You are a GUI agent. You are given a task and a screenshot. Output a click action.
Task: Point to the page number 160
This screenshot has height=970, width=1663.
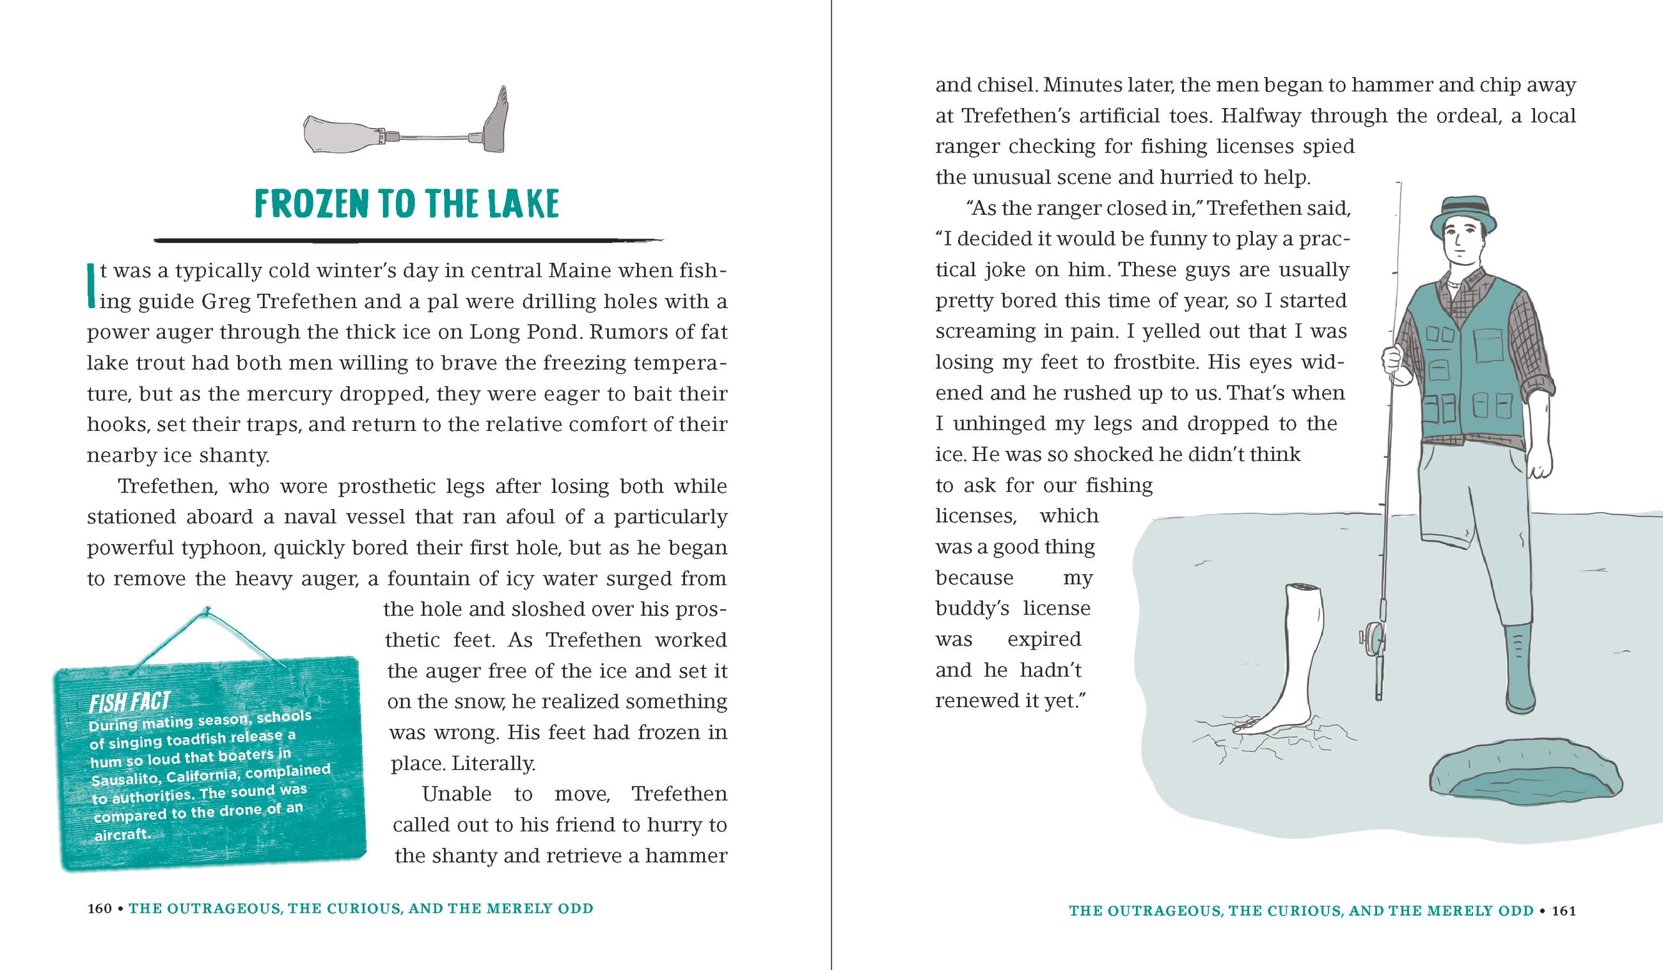pos(100,909)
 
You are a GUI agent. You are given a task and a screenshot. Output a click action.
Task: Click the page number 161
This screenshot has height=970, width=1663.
pos(1564,911)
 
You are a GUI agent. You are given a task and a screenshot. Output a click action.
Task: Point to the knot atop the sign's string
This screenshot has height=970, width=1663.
pos(208,611)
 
